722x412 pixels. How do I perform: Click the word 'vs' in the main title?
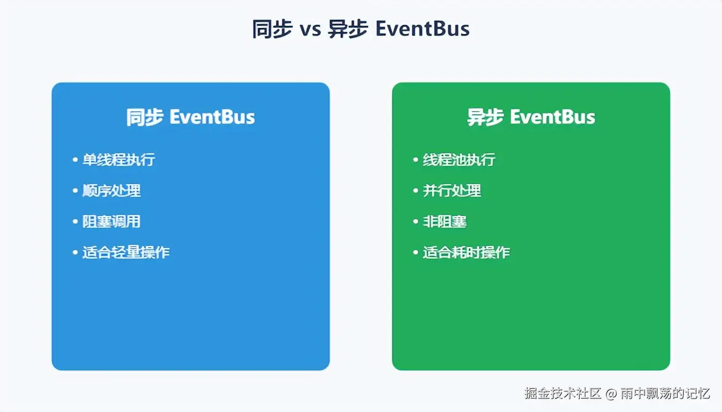[310, 30]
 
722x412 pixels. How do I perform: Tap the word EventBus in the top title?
[422, 29]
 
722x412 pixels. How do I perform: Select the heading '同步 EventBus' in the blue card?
[190, 117]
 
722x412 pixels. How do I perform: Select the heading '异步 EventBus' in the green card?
[531, 117]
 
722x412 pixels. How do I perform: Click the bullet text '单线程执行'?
[119, 160]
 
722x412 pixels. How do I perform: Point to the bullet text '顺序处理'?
[111, 191]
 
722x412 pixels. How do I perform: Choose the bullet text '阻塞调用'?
[111, 221]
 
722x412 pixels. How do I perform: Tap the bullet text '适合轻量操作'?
[126, 252]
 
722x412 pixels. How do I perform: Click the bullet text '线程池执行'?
[459, 160]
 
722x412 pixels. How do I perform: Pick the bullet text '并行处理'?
[452, 191]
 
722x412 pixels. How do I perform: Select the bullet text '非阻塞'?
[445, 221]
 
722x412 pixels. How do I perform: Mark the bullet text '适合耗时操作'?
[466, 252]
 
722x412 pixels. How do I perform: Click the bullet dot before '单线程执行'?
[75, 160]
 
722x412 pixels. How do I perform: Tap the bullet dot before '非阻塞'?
[416, 221]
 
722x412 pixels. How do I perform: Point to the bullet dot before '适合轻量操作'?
[75, 252]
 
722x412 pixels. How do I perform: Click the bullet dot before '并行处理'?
[416, 191]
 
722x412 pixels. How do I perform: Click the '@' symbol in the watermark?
[611, 393]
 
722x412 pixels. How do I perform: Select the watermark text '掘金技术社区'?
[563, 393]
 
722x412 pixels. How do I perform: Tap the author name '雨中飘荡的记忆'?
[665, 393]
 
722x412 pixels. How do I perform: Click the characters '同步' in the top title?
[272, 29]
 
